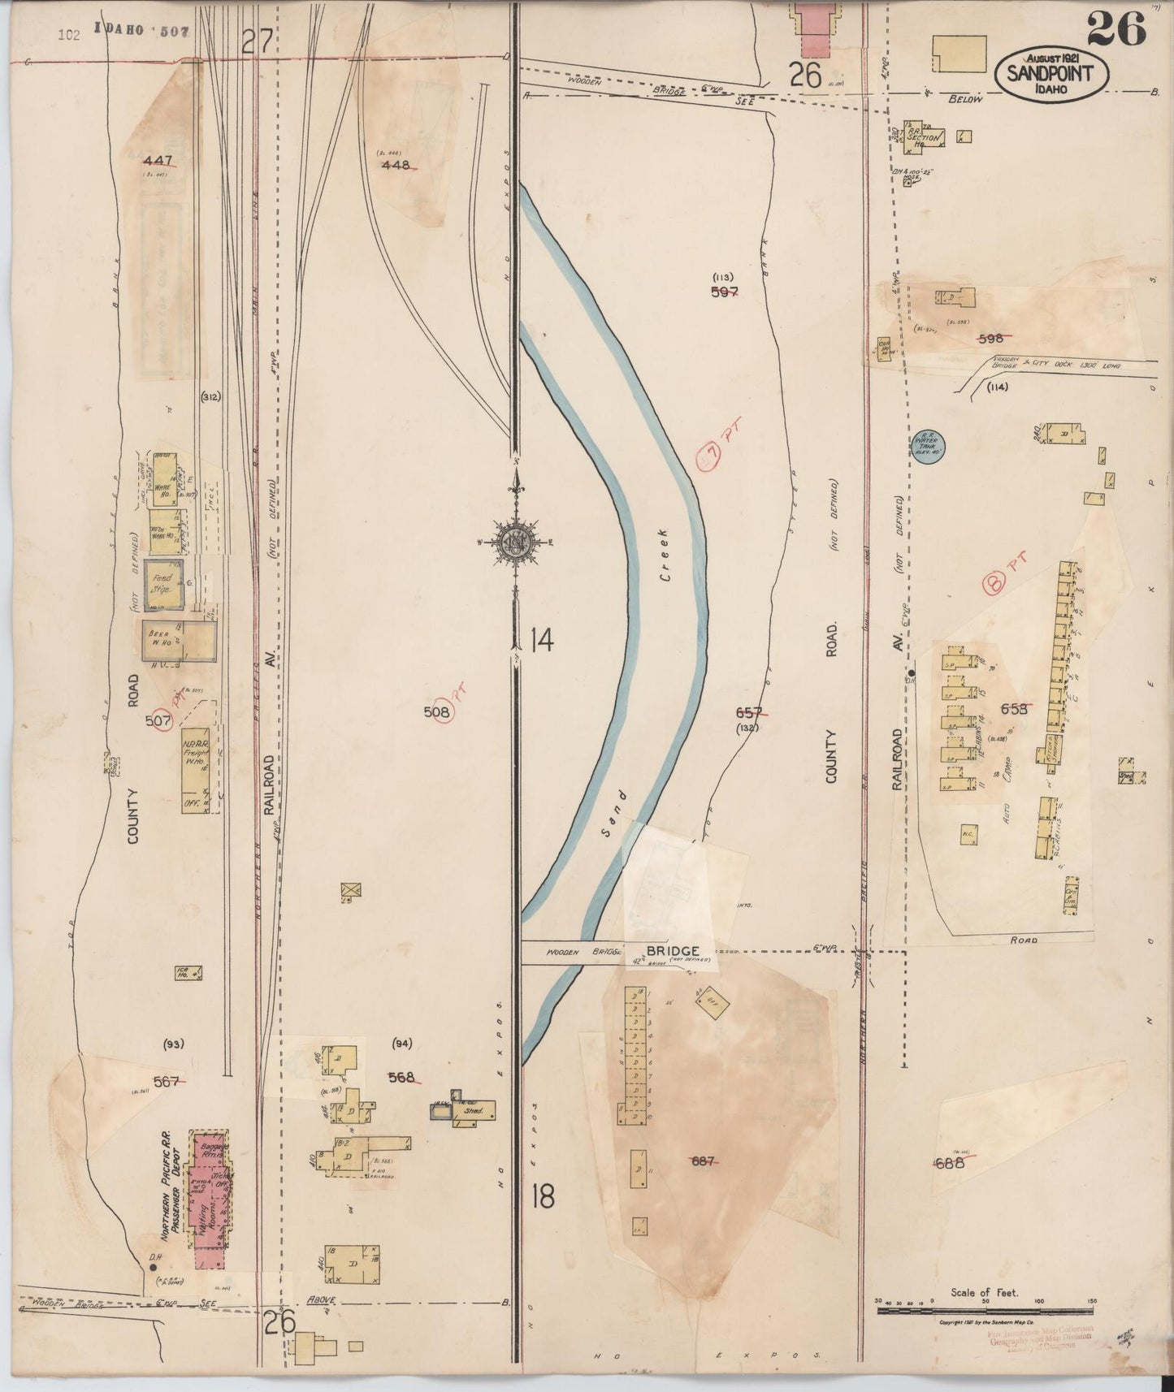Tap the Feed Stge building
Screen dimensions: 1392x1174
[x=164, y=584]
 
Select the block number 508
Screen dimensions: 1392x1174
[x=436, y=712]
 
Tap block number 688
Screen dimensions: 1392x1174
[x=949, y=1162]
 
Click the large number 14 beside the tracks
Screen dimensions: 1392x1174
[x=540, y=642]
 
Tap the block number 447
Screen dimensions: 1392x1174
[x=157, y=160]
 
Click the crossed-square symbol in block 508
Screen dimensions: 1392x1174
[x=351, y=889]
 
